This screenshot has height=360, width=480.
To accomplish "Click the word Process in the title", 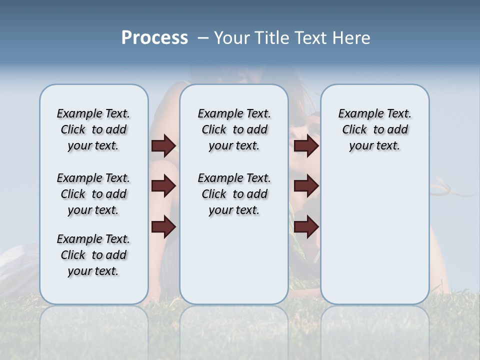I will pyautogui.click(x=154, y=38).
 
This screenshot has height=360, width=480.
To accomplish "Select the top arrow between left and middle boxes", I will pyautogui.click(x=163, y=146).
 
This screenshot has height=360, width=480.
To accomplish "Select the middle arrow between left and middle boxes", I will pyautogui.click(x=163, y=186).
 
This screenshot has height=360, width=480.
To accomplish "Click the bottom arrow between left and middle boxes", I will pyautogui.click(x=163, y=227).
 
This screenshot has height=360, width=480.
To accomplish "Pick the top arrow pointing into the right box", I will pyautogui.click(x=306, y=146).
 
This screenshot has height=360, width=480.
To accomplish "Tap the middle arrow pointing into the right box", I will pyautogui.click(x=306, y=186).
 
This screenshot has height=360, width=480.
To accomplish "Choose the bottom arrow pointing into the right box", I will pyautogui.click(x=306, y=227).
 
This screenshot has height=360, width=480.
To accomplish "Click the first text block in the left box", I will pyautogui.click(x=93, y=129).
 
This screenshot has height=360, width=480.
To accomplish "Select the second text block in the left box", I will pyautogui.click(x=93, y=194).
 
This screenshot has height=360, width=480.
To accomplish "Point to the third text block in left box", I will pyautogui.click(x=93, y=255).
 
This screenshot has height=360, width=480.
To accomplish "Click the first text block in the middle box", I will pyautogui.click(x=234, y=129).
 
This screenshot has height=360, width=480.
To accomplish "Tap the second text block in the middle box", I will pyautogui.click(x=234, y=194).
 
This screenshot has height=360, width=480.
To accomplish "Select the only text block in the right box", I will pyautogui.click(x=374, y=129).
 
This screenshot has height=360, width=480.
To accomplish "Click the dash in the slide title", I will pyautogui.click(x=203, y=38).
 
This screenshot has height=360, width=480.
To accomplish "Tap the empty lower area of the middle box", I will pyautogui.click(x=234, y=260).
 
